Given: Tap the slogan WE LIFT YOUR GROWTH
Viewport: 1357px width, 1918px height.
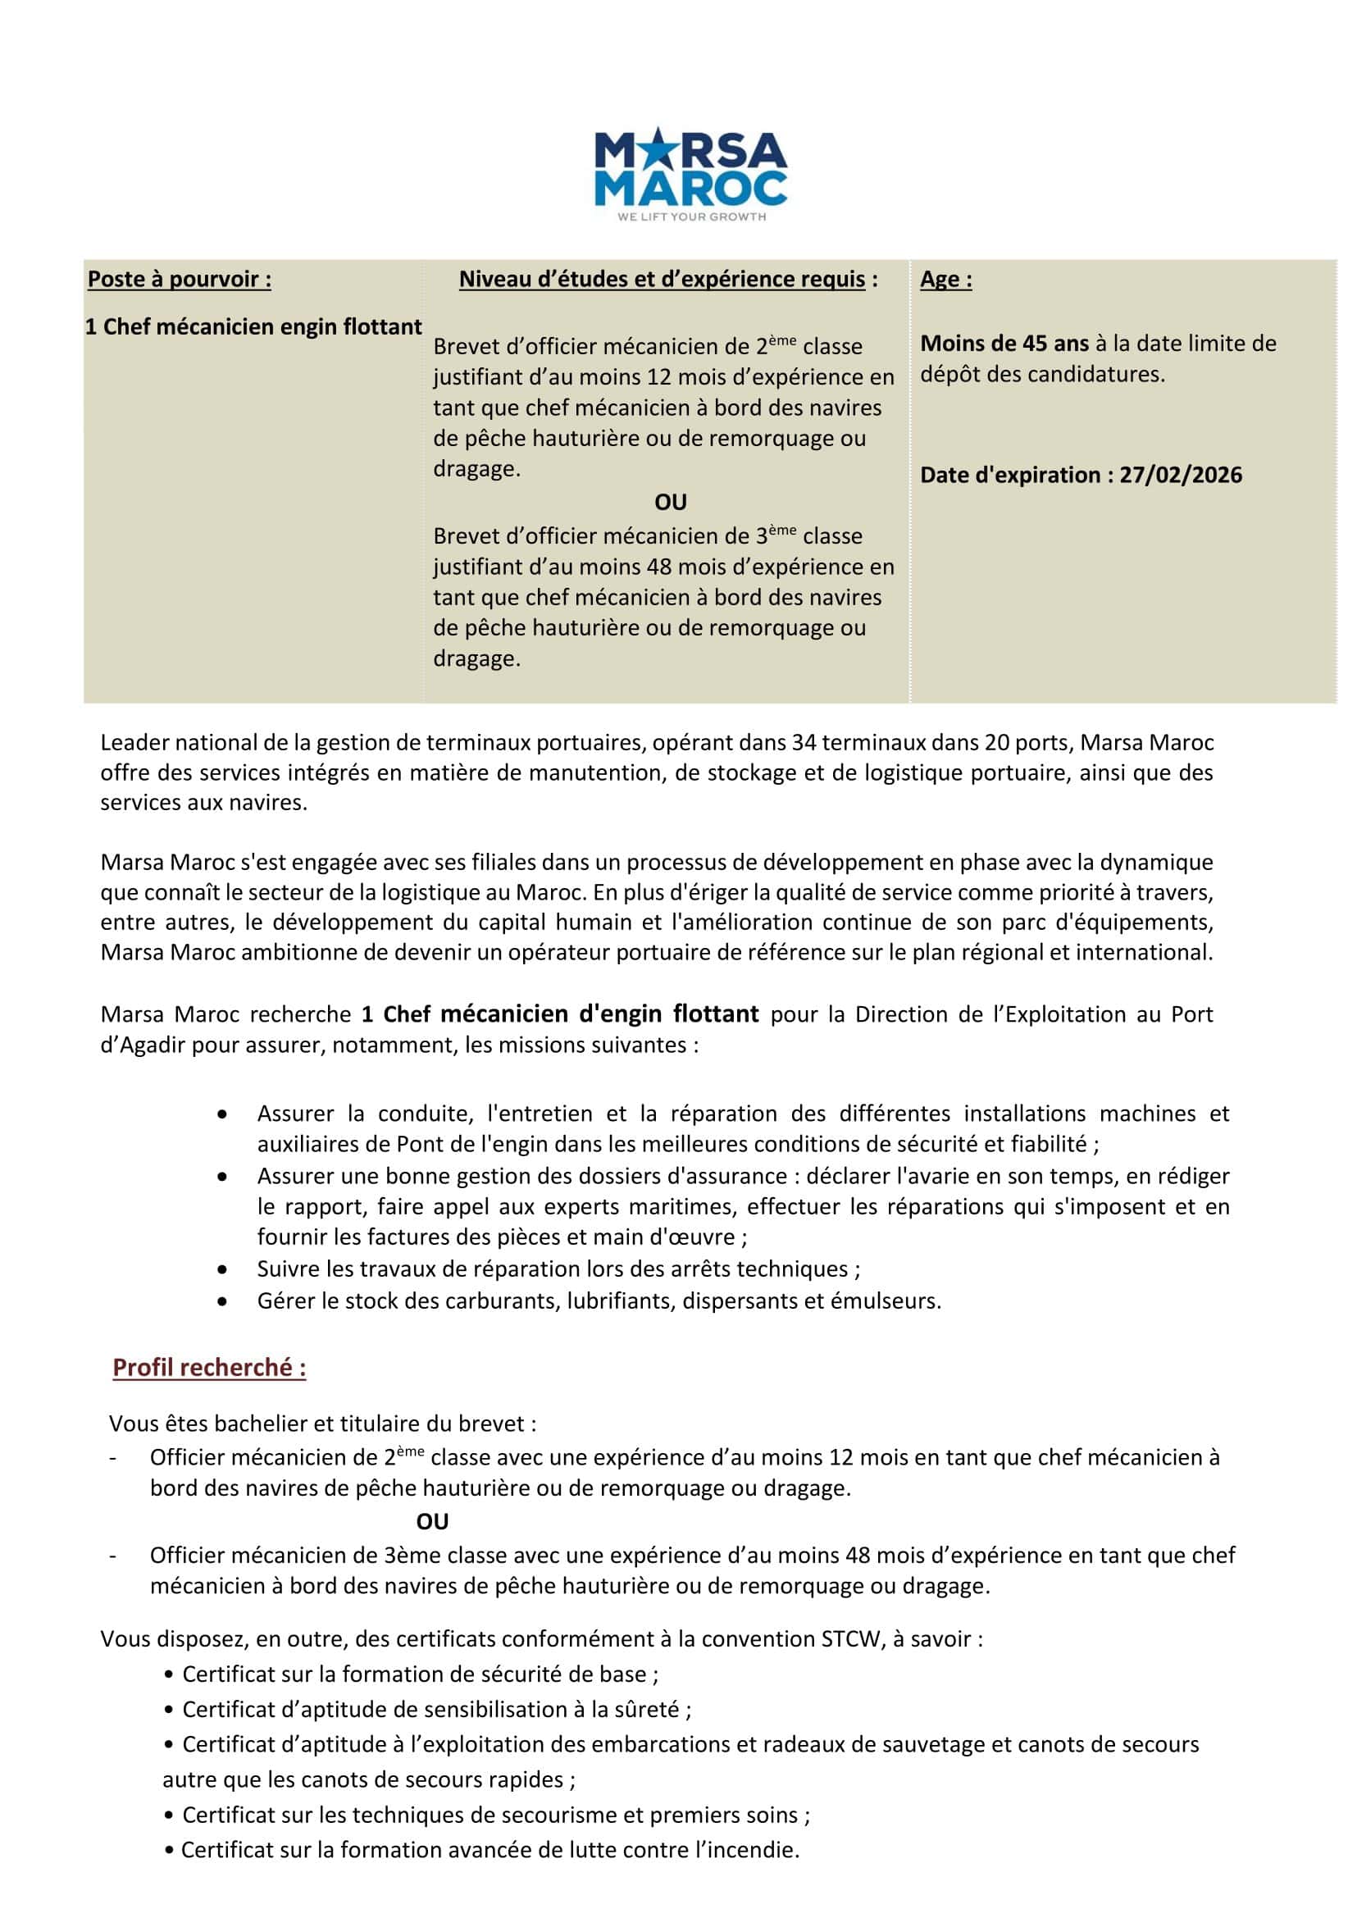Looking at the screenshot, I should point(691,217).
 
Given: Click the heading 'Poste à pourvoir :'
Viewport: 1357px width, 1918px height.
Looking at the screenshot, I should point(180,279).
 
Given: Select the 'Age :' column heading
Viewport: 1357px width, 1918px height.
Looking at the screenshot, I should point(946,279).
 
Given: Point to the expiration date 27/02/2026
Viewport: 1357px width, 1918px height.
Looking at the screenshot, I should point(1181,476).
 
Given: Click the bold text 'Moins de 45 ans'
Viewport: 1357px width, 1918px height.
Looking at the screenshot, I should point(1004,344).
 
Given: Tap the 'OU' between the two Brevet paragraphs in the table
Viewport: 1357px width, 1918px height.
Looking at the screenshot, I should point(670,503).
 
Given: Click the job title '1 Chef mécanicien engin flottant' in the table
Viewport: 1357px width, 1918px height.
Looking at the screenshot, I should point(253,326).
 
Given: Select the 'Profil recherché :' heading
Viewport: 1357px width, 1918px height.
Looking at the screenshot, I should point(210,1368).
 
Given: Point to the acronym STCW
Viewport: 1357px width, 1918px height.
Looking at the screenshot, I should point(852,1639).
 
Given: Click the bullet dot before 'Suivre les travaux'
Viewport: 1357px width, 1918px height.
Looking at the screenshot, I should point(221,1269).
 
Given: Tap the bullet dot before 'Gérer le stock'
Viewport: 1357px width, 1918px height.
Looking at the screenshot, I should point(221,1301).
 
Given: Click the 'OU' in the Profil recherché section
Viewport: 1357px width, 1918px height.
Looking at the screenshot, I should point(432,1522).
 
